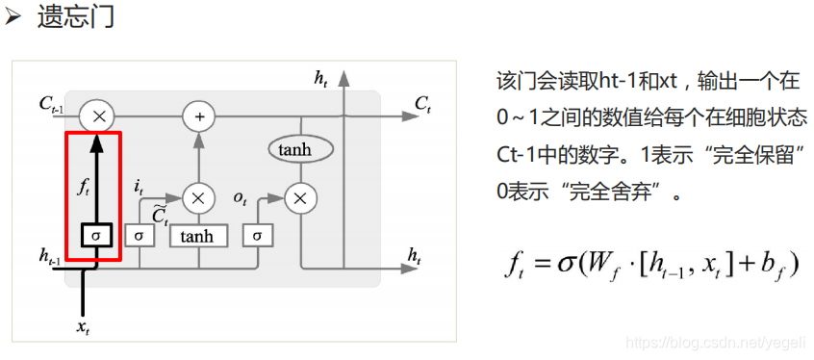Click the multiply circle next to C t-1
click(98, 116)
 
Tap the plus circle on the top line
click(199, 116)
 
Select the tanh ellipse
click(300, 149)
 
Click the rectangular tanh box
click(198, 235)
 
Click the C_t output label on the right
click(423, 103)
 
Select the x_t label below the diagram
click(85, 326)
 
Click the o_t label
click(240, 197)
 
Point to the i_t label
click(139, 186)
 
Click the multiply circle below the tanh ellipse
click(300, 198)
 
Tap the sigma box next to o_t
click(257, 235)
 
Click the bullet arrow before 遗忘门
click(13, 16)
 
